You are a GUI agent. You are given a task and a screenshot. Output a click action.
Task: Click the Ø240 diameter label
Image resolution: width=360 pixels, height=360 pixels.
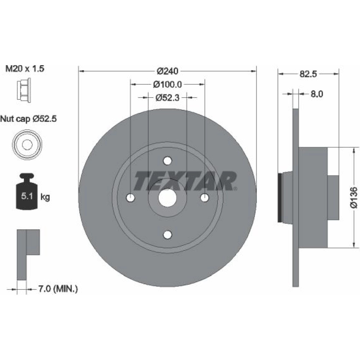(x=167, y=71)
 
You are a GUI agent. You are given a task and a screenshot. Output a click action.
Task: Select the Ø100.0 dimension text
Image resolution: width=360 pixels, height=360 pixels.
(x=167, y=85)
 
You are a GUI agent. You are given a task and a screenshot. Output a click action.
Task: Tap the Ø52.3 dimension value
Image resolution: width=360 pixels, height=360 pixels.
(x=167, y=98)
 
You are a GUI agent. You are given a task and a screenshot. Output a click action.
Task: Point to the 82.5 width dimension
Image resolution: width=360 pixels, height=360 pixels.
(x=308, y=74)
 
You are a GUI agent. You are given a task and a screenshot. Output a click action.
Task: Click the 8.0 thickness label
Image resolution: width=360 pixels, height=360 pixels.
(x=317, y=94)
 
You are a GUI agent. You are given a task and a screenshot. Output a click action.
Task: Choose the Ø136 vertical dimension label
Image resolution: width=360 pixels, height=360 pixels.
(x=354, y=197)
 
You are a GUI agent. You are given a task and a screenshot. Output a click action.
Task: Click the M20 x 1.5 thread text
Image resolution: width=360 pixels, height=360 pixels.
(x=25, y=68)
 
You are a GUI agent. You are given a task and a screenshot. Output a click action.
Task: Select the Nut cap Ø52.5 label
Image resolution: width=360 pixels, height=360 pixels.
(x=28, y=119)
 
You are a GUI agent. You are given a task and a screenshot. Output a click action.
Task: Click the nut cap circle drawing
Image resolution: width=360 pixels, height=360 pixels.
(x=27, y=144)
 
